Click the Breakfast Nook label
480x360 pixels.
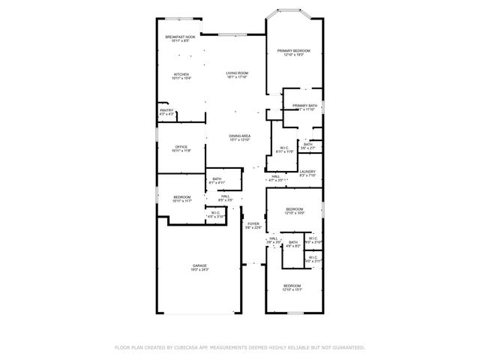[181, 37]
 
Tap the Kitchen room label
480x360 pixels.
[181, 74]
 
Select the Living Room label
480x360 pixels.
[237, 73]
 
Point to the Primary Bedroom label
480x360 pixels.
[294, 51]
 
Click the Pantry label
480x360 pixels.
[166, 110]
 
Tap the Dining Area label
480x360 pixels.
[240, 136]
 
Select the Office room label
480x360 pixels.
[181, 147]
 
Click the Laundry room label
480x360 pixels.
[307, 172]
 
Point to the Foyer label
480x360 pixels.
[253, 223]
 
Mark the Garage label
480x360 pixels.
[199, 265]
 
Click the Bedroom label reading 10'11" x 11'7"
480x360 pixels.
[183, 197]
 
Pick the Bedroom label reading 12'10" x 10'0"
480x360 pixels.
[294, 209]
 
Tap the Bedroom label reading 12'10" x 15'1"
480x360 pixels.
[292, 286]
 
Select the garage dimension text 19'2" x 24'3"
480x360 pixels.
[199, 269]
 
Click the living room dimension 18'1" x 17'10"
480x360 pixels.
[237, 77]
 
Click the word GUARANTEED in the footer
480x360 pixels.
[348, 348]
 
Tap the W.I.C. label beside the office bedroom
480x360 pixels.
[215, 213]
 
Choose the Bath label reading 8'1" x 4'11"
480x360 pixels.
[217, 178]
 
